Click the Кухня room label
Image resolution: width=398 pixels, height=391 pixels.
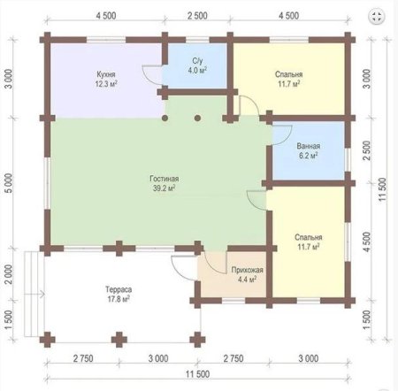pos(106,74)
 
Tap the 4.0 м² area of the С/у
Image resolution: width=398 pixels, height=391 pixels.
pos(197,70)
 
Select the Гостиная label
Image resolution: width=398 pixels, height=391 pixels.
pos(165,179)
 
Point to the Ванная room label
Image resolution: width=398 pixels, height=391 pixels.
pos(309,146)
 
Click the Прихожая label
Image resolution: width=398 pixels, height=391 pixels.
pos(247,270)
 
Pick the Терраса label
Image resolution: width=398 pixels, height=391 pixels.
pos(119,289)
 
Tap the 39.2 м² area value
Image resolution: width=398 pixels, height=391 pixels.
pos(165,188)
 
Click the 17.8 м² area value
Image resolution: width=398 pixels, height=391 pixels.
pos(119,299)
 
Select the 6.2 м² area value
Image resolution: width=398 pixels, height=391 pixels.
pos(309,156)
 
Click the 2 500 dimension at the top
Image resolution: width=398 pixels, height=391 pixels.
pos(197,16)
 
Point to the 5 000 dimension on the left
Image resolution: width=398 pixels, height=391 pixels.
pos(10,183)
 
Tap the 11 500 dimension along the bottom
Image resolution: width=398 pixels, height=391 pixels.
pos(197,374)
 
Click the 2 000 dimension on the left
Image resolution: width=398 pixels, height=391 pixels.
pos(10,274)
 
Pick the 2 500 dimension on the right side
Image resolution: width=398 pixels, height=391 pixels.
pos(366,150)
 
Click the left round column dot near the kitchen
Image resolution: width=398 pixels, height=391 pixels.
pos(165,119)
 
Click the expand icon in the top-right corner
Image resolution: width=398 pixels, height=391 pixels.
pos(377,17)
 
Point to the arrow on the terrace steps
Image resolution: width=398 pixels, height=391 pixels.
pos(34,294)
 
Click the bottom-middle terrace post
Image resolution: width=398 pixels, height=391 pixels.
pos(119,340)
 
